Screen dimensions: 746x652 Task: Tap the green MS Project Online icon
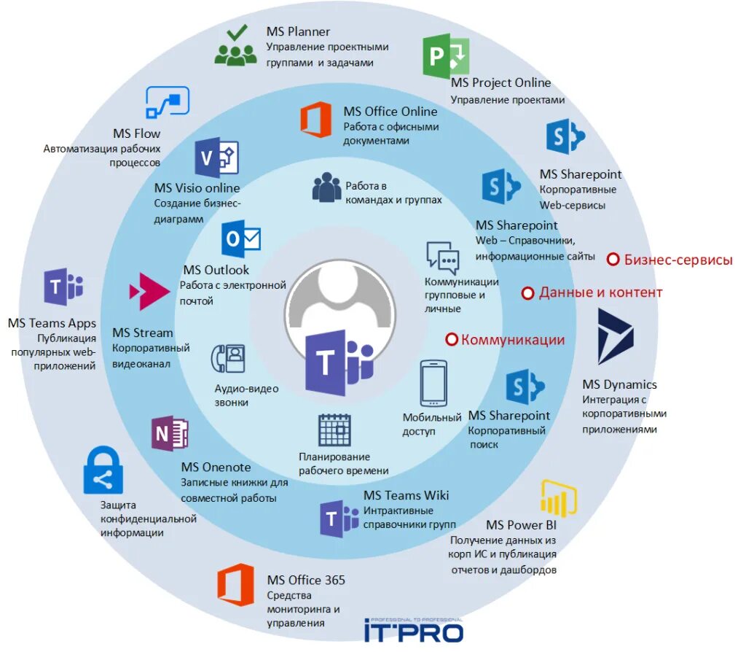click(x=446, y=56)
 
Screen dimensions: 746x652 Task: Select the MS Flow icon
click(x=168, y=102)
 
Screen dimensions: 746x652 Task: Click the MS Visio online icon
click(x=216, y=158)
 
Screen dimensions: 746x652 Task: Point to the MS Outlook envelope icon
click(x=241, y=238)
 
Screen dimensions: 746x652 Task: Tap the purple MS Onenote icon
click(x=170, y=434)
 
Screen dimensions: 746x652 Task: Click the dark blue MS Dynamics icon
click(x=616, y=336)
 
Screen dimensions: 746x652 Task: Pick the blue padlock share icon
click(x=103, y=471)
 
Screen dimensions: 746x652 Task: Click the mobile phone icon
click(x=433, y=384)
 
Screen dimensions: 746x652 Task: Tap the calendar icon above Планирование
click(x=335, y=430)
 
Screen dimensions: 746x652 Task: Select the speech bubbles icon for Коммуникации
click(x=443, y=257)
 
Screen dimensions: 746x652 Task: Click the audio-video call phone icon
click(x=227, y=359)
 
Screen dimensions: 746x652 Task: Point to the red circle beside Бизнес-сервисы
click(x=613, y=259)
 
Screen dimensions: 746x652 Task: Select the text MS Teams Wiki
click(x=406, y=495)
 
